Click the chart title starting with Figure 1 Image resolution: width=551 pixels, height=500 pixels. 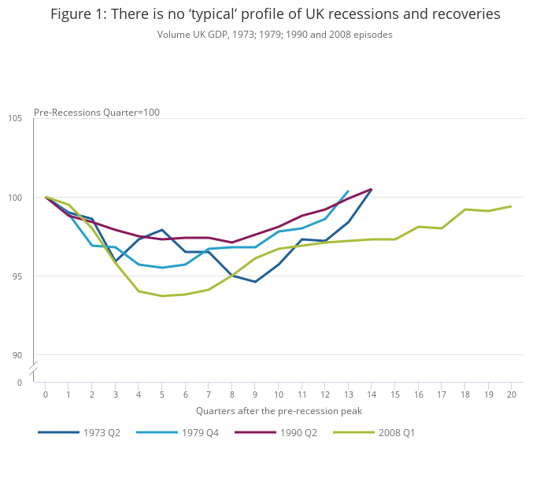point(275,14)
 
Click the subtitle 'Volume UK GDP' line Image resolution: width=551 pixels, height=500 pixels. point(275,35)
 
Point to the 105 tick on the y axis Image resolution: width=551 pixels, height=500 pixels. point(15,118)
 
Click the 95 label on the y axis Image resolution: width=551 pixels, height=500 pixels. point(17,276)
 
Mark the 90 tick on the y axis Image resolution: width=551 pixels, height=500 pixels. point(17,354)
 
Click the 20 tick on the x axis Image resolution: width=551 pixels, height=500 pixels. point(511,394)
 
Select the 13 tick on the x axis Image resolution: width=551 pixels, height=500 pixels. point(348,394)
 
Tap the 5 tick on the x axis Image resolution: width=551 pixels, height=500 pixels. point(162,394)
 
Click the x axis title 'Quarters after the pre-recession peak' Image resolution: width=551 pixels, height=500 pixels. point(279,410)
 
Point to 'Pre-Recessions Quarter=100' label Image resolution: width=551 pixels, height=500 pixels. point(97,112)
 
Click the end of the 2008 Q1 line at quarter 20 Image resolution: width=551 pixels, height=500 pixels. point(511,206)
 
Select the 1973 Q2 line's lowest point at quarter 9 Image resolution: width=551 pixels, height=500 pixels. point(255,282)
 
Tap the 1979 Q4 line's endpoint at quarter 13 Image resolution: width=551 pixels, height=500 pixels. point(348,191)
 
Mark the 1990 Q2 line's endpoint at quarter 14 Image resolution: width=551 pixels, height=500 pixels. point(372,189)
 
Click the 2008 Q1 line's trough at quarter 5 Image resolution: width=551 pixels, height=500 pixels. point(162,296)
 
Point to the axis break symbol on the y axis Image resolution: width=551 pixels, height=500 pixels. point(34,369)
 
